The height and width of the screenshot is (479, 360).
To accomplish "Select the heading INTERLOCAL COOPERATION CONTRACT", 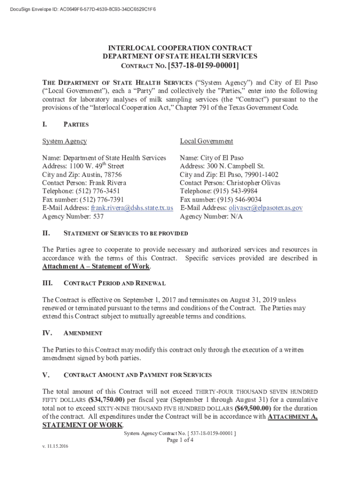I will [x=180, y=48].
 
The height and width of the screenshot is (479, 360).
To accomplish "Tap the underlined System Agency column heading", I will [x=65, y=141].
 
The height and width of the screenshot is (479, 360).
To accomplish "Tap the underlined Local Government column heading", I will [x=206, y=141].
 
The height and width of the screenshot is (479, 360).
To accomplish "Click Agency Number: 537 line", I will [x=73, y=217].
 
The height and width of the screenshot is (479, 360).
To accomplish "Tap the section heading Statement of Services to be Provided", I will [x=125, y=233].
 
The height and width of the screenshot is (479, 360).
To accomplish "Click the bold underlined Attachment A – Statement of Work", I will [x=96, y=267].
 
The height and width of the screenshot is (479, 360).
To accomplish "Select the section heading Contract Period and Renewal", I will [x=114, y=283].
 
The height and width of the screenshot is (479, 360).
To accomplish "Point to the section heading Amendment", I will [x=83, y=333].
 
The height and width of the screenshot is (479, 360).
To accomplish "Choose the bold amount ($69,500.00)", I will [x=255, y=408].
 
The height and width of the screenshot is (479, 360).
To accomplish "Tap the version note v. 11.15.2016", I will [x=55, y=447].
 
